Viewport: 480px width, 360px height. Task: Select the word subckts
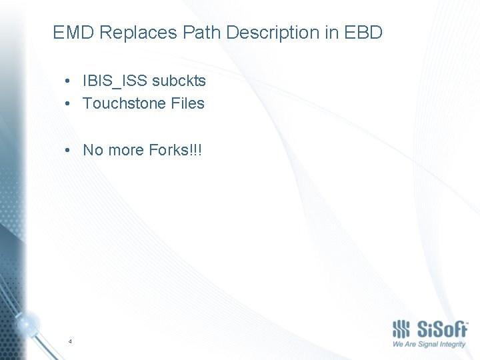(179, 81)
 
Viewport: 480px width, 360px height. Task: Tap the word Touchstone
(124, 103)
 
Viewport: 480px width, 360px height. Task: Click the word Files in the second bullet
(187, 103)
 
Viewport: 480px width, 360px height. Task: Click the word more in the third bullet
(124, 150)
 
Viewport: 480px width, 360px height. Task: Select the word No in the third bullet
(92, 150)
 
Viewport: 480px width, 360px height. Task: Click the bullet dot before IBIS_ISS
(69, 81)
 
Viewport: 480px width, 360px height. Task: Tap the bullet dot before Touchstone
(69, 104)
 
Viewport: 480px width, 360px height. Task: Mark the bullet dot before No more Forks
(69, 151)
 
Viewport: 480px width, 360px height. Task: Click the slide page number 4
(70, 341)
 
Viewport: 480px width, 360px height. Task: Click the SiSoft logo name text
(442, 329)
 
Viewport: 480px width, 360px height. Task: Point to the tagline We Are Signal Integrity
(429, 345)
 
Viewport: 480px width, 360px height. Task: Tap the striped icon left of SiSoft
(401, 329)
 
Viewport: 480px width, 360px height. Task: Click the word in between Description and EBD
(332, 33)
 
